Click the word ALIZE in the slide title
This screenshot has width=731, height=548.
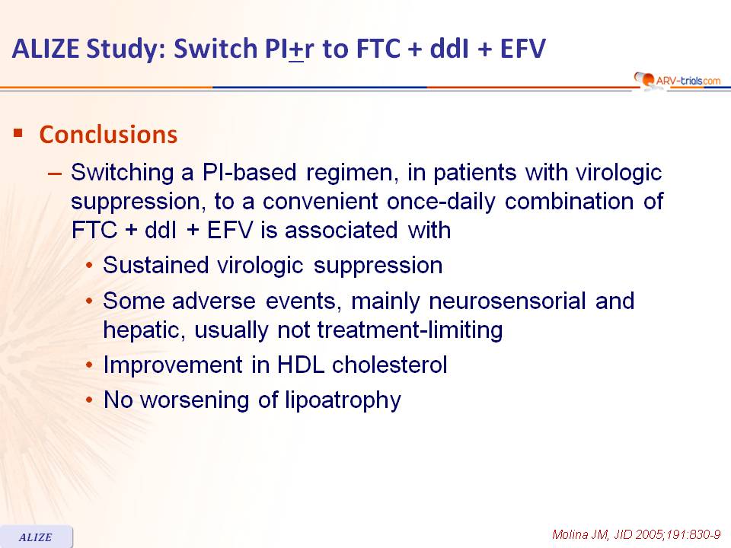[46, 49]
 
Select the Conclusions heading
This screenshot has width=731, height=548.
[108, 135]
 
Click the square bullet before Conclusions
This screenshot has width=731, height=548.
[18, 133]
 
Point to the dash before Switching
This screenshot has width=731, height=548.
[55, 174]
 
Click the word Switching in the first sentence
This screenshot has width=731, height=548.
[122, 173]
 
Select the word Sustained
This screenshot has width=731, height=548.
[155, 265]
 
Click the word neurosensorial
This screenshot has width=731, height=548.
[507, 301]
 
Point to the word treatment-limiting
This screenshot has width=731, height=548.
[410, 330]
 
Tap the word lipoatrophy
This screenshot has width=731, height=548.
[343, 400]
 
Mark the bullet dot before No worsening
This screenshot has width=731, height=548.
[90, 400]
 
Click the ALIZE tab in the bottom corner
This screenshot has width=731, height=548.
[36, 537]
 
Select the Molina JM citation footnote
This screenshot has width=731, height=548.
[636, 534]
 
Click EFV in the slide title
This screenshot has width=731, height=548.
[522, 49]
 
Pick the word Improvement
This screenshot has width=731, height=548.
[173, 365]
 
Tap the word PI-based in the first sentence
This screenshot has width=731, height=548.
[250, 173]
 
